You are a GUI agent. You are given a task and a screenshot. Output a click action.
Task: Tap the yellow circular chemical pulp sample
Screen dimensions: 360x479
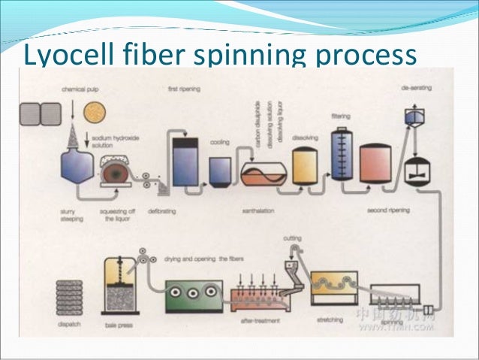[x=96, y=111]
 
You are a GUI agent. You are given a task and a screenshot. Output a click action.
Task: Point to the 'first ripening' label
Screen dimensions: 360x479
[x=183, y=89]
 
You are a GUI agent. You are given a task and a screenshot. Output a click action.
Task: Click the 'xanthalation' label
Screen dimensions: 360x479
[x=258, y=212]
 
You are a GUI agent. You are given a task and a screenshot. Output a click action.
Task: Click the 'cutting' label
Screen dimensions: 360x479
[x=292, y=238]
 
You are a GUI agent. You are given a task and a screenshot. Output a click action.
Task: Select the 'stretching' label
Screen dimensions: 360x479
[x=332, y=319]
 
